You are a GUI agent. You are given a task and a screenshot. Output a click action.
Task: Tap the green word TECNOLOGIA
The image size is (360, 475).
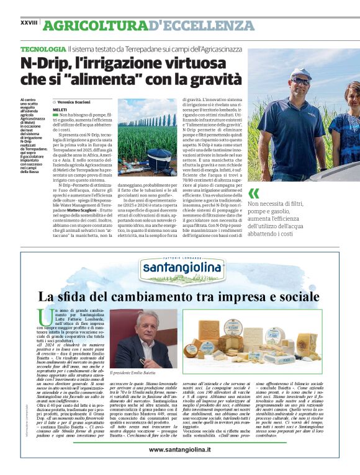tap(43, 48)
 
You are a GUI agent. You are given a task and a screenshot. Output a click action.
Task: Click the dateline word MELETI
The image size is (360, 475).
tap(60, 109)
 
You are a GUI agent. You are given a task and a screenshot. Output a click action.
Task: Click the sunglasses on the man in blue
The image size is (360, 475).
tap(301, 81)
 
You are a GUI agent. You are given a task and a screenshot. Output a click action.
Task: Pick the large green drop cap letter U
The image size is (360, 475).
tap(44, 316)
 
